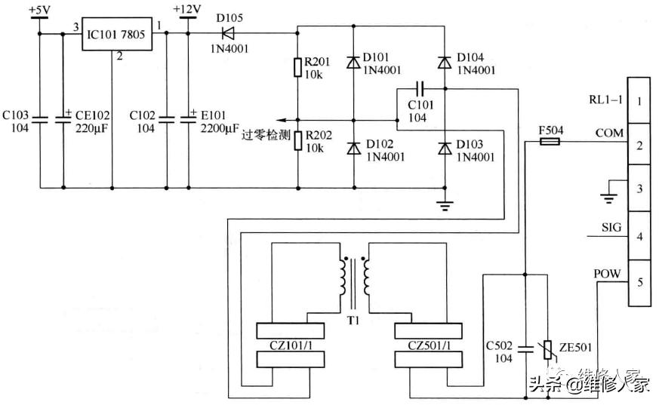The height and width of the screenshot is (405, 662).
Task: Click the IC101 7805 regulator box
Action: [x=118, y=33]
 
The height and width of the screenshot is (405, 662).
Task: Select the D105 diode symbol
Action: [x=224, y=32]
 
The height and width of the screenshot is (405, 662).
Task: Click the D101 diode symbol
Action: [x=353, y=64]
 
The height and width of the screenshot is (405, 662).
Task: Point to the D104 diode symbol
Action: [x=445, y=64]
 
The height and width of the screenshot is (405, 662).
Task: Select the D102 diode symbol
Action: [x=353, y=149]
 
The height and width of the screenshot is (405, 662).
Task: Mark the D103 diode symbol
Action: [x=445, y=149]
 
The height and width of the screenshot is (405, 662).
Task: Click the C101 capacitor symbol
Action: [x=420, y=89]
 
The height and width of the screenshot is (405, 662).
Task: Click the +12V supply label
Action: [x=186, y=9]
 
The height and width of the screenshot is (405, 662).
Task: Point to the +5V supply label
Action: [x=38, y=9]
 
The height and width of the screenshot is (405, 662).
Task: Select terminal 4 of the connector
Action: [x=639, y=237]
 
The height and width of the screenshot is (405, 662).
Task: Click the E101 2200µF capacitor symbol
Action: [x=188, y=118]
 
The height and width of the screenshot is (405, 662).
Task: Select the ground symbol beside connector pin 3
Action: [x=605, y=198]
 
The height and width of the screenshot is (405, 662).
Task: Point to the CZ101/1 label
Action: [x=291, y=345]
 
